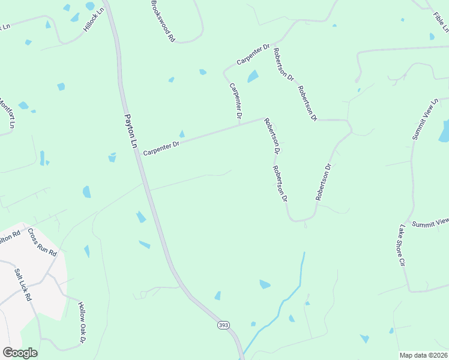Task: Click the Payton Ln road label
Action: pyautogui.click(x=130, y=132)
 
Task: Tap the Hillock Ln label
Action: pyautogui.click(x=94, y=20)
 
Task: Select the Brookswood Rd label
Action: pyautogui.click(x=162, y=21)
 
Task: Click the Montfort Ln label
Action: pyautogui.click(x=6, y=114)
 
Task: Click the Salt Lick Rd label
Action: pyautogui.click(x=23, y=284)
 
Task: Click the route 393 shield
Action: pyautogui.click(x=223, y=325)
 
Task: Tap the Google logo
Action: pyautogui.click(x=20, y=353)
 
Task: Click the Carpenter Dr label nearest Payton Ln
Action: pyautogui.click(x=161, y=146)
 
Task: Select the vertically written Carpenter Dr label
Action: pyautogui.click(x=235, y=100)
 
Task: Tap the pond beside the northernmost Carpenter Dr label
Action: pyautogui.click(x=253, y=76)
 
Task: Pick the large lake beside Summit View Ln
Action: pyautogui.click(x=445, y=130)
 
